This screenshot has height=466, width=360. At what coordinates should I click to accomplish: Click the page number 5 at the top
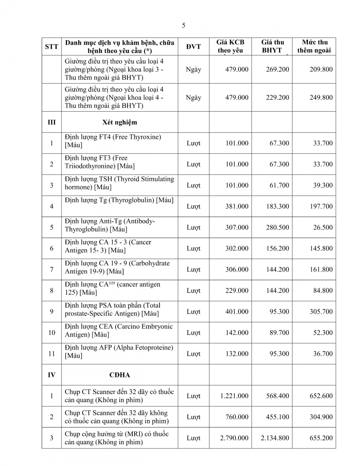click(x=183, y=25)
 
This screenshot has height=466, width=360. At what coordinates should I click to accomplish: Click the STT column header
click(x=52, y=47)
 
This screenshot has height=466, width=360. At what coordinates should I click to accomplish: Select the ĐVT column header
click(x=193, y=47)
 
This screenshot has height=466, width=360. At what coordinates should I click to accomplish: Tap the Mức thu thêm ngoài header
click(x=314, y=46)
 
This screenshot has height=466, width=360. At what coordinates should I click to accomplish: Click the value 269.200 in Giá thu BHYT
click(x=277, y=69)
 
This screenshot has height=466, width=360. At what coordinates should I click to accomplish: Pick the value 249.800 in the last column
click(x=321, y=98)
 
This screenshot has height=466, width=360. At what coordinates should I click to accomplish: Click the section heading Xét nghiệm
click(x=119, y=122)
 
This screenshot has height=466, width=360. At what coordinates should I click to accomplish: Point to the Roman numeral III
click(x=52, y=122)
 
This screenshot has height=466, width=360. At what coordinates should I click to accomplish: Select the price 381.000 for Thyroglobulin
click(x=237, y=206)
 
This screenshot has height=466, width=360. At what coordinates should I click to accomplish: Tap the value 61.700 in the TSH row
click(x=279, y=185)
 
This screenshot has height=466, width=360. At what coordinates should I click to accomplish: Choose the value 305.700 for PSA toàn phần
click(x=321, y=312)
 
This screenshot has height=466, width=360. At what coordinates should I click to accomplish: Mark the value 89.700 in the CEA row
click(x=279, y=333)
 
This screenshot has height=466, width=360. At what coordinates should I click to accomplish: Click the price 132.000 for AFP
click(x=237, y=354)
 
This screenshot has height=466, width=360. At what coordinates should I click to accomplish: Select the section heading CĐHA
click(x=119, y=375)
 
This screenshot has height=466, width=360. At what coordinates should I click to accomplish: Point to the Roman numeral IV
click(x=52, y=375)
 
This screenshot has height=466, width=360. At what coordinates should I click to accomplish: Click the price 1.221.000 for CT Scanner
click(x=234, y=396)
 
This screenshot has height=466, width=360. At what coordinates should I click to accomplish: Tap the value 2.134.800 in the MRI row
click(x=275, y=438)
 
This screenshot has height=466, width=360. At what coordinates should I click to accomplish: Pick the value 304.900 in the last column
click(x=321, y=417)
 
